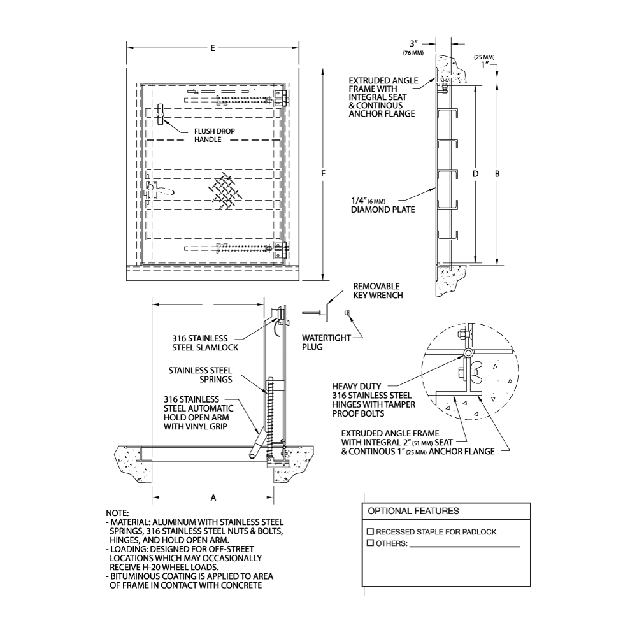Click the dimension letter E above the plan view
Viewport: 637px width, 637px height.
tap(212, 48)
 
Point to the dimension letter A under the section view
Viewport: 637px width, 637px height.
tap(213, 497)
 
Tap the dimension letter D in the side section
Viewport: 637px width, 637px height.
tap(476, 173)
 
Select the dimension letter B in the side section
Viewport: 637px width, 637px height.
tap(497, 173)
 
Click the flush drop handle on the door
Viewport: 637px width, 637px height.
tap(161, 113)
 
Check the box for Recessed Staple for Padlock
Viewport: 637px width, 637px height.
tap(370, 531)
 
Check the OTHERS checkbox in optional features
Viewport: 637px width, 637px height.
tap(370, 543)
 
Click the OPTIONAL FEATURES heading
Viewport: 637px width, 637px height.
tap(413, 511)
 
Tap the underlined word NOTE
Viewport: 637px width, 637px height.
tap(117, 513)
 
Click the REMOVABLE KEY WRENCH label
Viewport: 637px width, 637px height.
tap(378, 291)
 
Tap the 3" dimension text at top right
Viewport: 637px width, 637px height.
tap(413, 43)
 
